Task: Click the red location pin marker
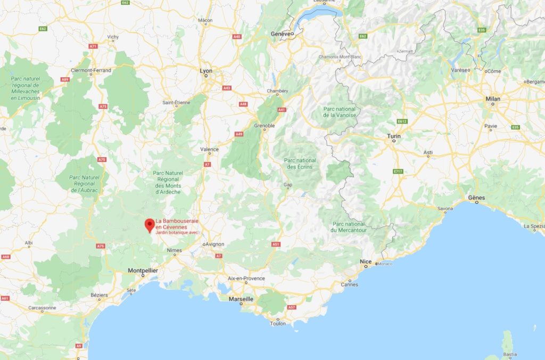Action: [x=150, y=225]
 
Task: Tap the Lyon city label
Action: [x=205, y=71]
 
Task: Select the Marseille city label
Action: [x=241, y=299]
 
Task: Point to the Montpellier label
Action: [x=143, y=271]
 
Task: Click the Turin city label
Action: [x=394, y=136]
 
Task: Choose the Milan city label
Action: [x=493, y=99]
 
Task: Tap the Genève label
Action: [x=282, y=34]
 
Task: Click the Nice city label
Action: [x=365, y=261]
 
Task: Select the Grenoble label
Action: [x=264, y=126]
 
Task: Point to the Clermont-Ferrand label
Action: [x=91, y=70]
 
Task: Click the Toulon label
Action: [x=277, y=323]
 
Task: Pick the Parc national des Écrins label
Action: [x=300, y=163]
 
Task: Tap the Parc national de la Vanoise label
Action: [x=340, y=112]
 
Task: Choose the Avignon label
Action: [x=213, y=244]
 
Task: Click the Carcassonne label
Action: [x=42, y=308]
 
